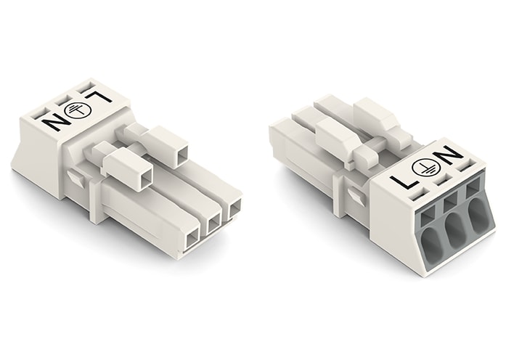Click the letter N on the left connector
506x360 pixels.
53,120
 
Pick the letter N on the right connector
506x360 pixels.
450,155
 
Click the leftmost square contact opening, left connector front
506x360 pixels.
192,237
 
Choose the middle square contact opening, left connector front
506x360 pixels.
214,223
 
